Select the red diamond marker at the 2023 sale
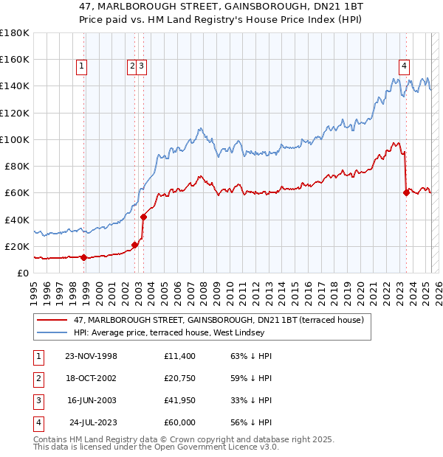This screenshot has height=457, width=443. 407,193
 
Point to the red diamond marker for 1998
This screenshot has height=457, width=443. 84,258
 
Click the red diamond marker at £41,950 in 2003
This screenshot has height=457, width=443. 143,217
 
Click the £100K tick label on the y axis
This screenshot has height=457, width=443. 15,139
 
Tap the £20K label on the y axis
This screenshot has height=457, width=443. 18,246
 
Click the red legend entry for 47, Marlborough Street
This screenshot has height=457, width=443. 219,321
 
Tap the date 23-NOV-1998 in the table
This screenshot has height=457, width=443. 92,357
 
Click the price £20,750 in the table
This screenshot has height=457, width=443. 181,378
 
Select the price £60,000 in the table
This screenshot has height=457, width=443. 181,422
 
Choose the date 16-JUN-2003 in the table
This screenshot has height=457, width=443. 92,400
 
